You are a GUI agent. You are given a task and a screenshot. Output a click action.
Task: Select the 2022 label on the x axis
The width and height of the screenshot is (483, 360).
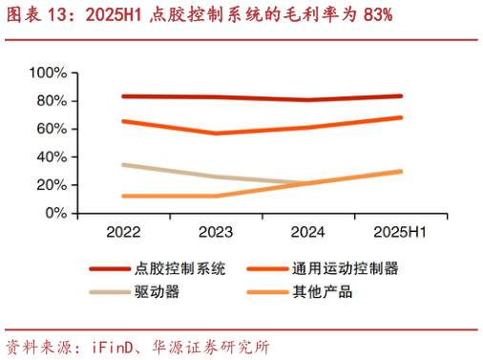click(123, 231)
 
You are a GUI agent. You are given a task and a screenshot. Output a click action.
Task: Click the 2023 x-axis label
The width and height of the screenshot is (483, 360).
click(215, 231)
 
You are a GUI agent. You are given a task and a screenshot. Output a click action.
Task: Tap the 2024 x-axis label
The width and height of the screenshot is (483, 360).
click(307, 231)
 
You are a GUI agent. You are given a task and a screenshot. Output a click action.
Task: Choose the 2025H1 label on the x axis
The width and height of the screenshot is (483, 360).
click(399, 231)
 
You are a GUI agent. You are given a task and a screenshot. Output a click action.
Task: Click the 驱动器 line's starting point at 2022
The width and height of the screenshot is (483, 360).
click(124, 165)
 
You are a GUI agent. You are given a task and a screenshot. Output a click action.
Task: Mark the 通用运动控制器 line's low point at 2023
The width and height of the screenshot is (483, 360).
click(216, 134)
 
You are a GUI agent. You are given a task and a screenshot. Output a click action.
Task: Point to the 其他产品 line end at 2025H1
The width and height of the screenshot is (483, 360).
click(400, 172)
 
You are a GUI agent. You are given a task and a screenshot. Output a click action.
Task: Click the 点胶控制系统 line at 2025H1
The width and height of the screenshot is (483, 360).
click(400, 95)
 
